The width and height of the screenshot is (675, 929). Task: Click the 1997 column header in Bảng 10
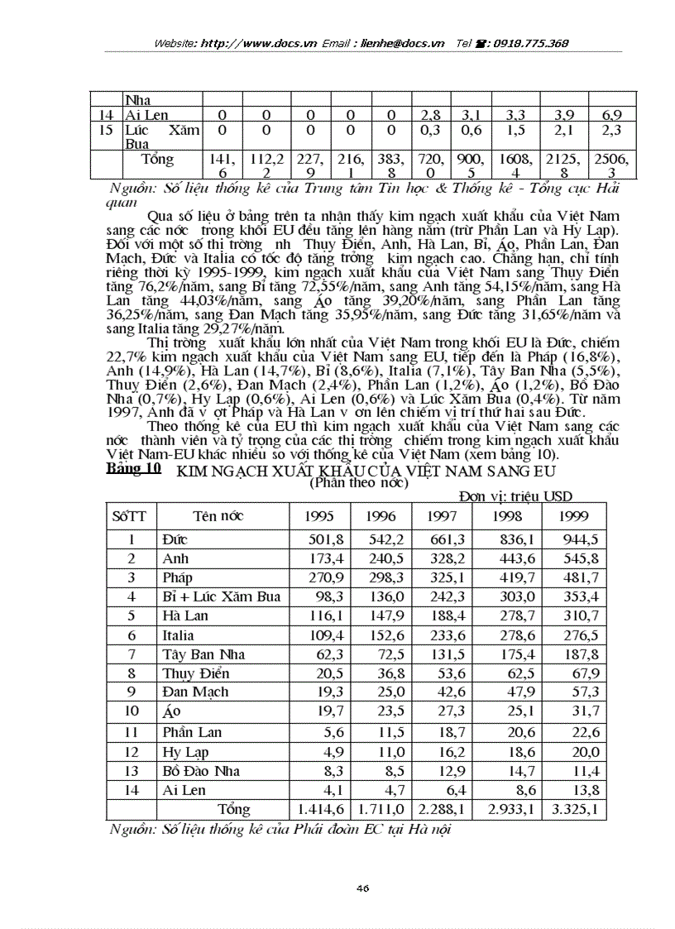click(442, 516)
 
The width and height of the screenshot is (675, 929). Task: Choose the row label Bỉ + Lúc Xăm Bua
click(221, 596)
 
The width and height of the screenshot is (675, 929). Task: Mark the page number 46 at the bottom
click(362, 888)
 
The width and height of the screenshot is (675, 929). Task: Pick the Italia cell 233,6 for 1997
click(443, 635)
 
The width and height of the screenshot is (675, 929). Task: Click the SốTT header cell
click(129, 516)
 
